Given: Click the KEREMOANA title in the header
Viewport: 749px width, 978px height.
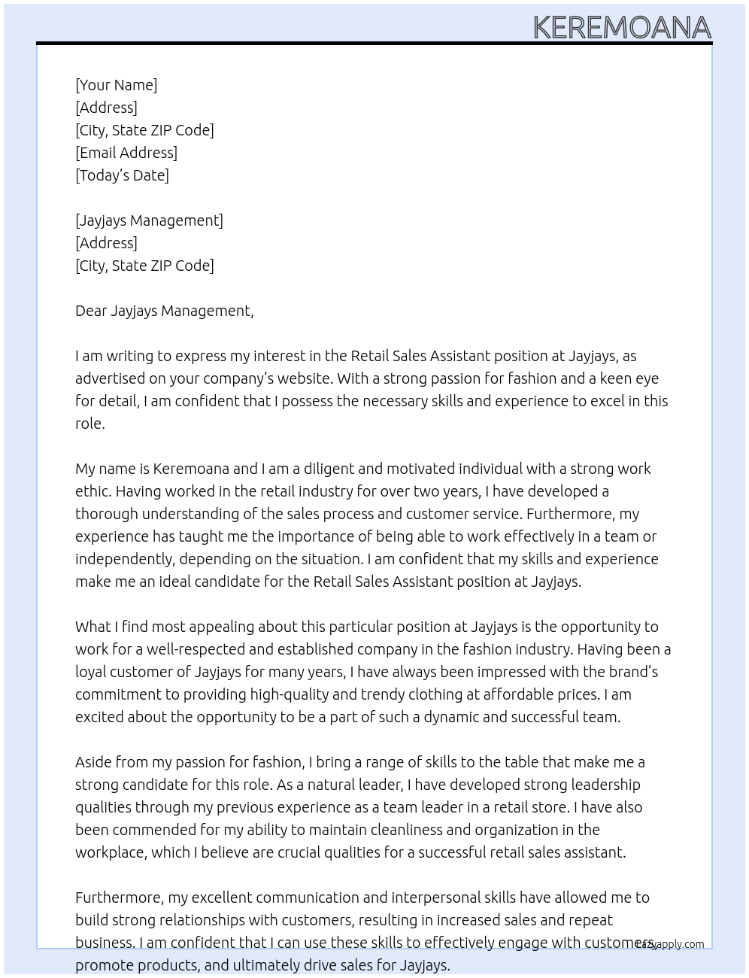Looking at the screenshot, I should point(622,28).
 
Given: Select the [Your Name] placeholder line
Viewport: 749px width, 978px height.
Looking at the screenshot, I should point(116,85).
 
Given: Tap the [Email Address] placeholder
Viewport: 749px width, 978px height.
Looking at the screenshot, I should point(126,153).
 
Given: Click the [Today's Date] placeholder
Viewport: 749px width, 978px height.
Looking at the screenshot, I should point(122,175).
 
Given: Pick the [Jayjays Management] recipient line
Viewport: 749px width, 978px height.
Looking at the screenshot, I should point(149,220).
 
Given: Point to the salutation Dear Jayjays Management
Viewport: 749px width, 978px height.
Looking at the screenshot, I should point(164,311).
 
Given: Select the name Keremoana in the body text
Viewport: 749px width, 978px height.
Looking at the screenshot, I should point(191,469).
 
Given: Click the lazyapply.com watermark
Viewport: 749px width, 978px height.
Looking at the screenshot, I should point(670,944).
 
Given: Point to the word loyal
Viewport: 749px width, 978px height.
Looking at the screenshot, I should point(91,672).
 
